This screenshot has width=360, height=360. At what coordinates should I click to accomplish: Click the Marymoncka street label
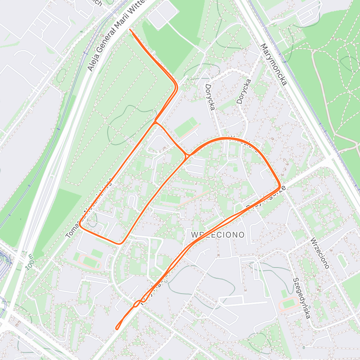[x=274, y=64]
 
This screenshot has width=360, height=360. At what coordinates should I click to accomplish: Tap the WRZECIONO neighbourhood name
[x=218, y=235]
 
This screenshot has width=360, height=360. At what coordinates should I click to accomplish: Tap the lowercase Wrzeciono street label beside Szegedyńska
[x=320, y=253]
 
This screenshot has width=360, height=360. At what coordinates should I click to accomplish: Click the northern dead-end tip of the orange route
[x=130, y=29]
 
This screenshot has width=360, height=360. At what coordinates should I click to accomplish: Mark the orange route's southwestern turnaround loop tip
[x=117, y=329]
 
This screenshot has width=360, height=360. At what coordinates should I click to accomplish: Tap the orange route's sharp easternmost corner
[x=280, y=185]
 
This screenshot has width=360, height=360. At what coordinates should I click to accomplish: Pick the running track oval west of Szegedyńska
[x=288, y=304]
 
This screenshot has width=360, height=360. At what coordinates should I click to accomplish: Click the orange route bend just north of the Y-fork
[x=176, y=87]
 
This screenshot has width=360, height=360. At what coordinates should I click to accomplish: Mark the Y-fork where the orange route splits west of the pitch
[x=155, y=122]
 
